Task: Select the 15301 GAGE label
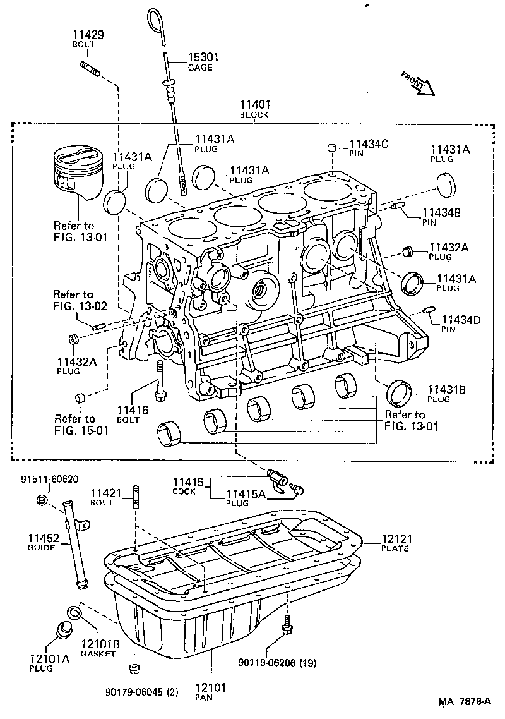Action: [203, 61]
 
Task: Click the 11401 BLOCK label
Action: [254, 108]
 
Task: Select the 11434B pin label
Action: [441, 217]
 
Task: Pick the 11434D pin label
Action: [460, 323]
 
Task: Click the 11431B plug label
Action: [446, 394]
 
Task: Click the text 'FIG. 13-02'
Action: [80, 306]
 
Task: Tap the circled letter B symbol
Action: [42, 500]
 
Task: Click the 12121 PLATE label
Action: [395, 543]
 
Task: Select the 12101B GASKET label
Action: [98, 648]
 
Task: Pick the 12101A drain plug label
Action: [49, 662]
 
